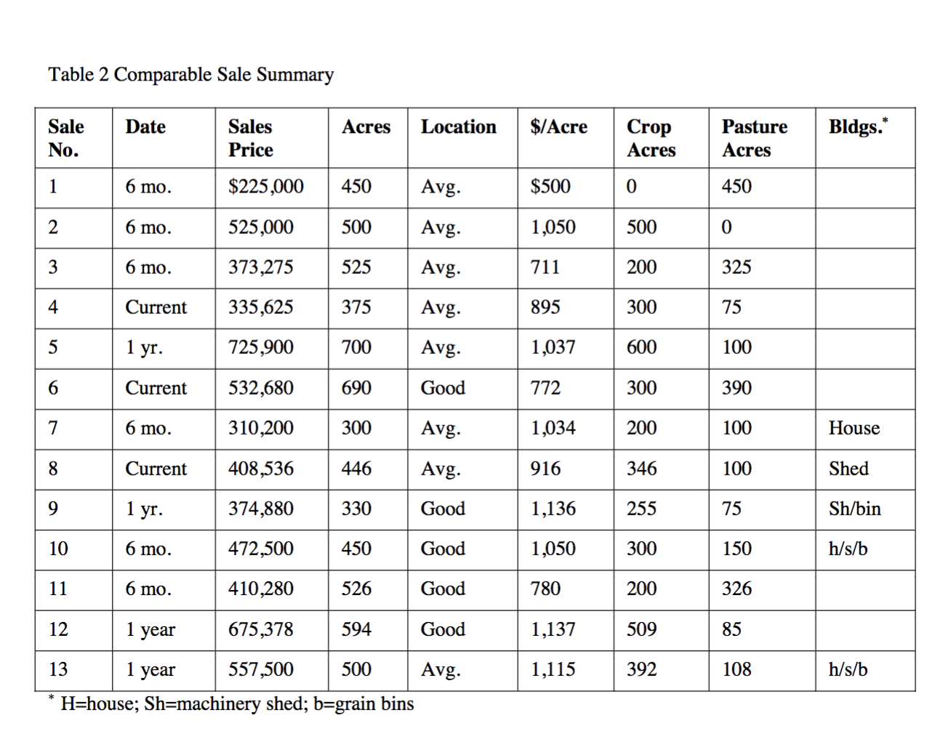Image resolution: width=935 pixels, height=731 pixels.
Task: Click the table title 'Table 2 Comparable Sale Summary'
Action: pos(190,75)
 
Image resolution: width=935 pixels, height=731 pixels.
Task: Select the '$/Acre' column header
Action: pos(558,127)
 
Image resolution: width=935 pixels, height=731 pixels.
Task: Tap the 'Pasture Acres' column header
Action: pos(754,138)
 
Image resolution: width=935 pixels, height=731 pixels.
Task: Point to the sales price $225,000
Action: pos(265,187)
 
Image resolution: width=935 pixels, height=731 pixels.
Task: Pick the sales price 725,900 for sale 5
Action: pos(260,347)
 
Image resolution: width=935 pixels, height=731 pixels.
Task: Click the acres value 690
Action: pos(356,388)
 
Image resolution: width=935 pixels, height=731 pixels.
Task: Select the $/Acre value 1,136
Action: pos(553,509)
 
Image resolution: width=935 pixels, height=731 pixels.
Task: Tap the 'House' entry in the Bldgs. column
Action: pos(854,428)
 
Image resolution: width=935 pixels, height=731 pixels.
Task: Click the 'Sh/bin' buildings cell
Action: pos(854,509)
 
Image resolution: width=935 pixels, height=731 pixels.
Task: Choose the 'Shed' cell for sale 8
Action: pos(848,469)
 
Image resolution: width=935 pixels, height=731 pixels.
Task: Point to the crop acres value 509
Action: pos(641,629)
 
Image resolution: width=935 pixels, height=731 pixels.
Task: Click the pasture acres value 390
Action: pos(737,388)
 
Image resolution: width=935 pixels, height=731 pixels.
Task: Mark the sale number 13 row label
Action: pos(58,669)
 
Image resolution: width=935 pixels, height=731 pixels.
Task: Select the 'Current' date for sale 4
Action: pos(156,307)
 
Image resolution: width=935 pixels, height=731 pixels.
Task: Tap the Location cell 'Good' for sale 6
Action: pos(442,388)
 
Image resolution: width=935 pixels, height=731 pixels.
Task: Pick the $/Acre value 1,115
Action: pos(553,669)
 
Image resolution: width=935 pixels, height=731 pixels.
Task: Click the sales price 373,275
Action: pos(260,267)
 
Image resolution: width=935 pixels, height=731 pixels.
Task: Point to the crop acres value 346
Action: pos(641,469)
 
